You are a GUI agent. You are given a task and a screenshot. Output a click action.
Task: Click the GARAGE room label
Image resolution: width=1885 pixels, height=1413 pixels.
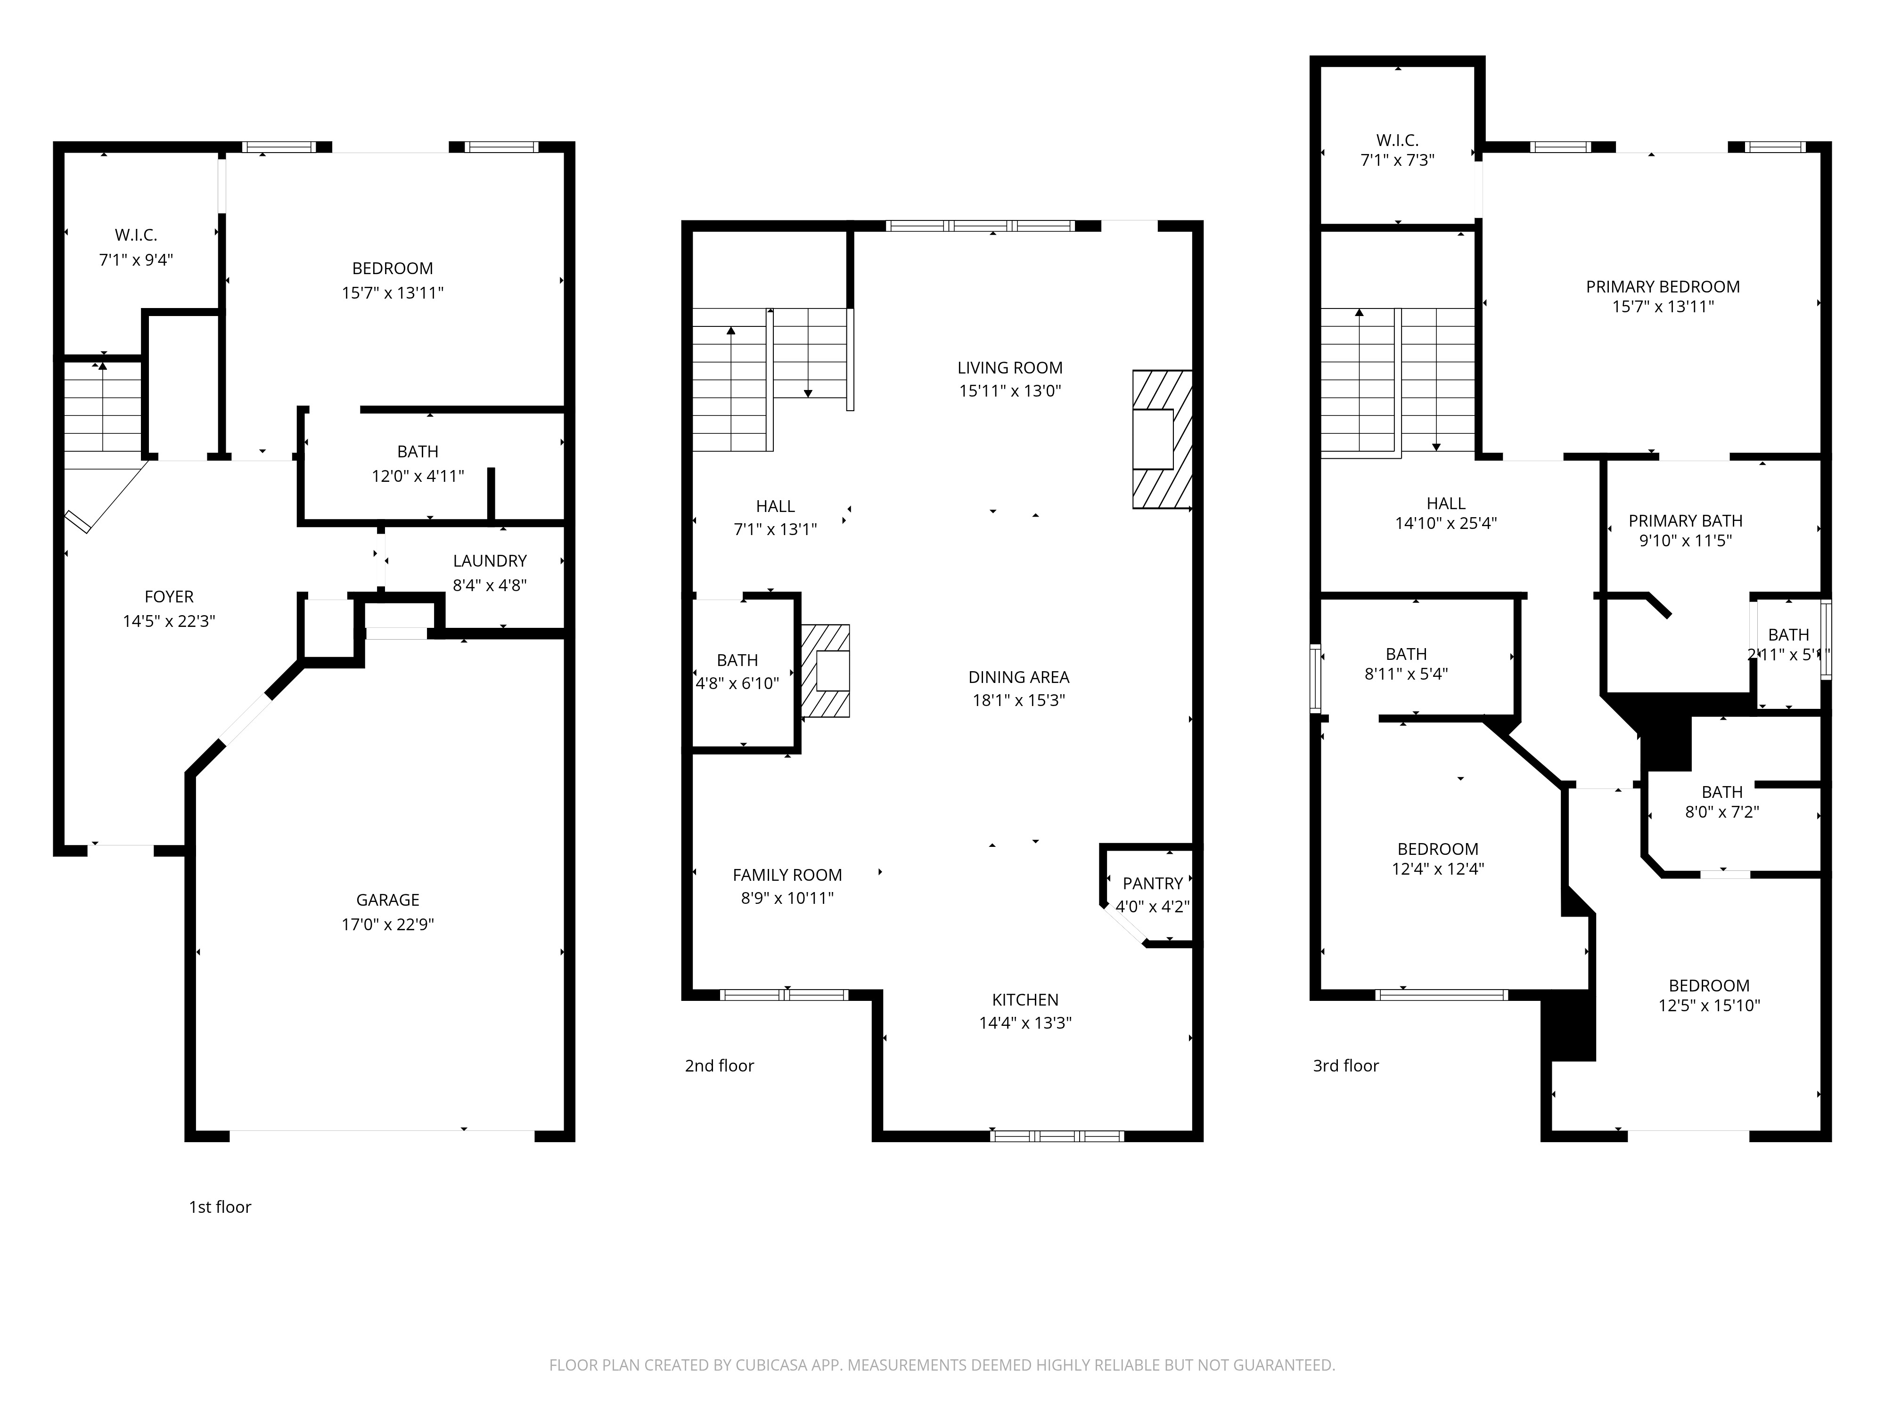coord(388,900)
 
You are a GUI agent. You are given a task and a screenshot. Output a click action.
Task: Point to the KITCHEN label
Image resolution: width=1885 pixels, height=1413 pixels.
coord(1025,1000)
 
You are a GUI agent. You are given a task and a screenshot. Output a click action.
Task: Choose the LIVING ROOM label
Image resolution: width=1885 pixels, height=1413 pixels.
coord(1010,368)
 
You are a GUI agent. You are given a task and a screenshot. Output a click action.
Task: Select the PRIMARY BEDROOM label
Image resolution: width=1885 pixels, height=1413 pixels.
coord(1663,287)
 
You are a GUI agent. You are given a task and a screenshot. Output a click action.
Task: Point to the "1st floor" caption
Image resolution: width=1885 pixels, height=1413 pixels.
coord(220,1207)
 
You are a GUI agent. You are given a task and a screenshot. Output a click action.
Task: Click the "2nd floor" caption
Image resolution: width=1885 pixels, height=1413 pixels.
coord(719,1065)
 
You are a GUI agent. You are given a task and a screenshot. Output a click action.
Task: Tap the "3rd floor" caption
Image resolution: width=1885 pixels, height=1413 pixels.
coord(1345,1065)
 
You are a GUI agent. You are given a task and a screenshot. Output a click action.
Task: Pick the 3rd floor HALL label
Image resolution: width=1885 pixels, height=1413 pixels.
coord(1446,503)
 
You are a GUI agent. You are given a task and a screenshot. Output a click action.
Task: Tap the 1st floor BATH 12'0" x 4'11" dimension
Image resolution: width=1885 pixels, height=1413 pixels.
coord(418,476)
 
